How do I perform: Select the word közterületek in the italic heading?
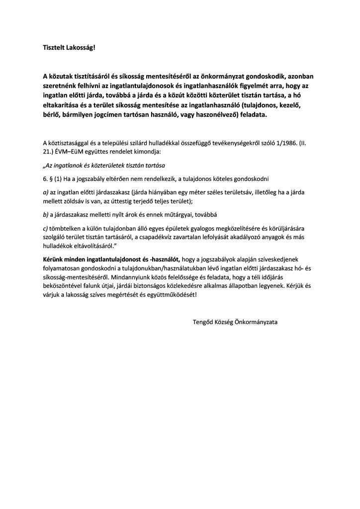pos(110,165)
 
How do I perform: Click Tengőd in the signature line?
pos(204,322)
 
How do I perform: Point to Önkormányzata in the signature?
pos(258,322)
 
